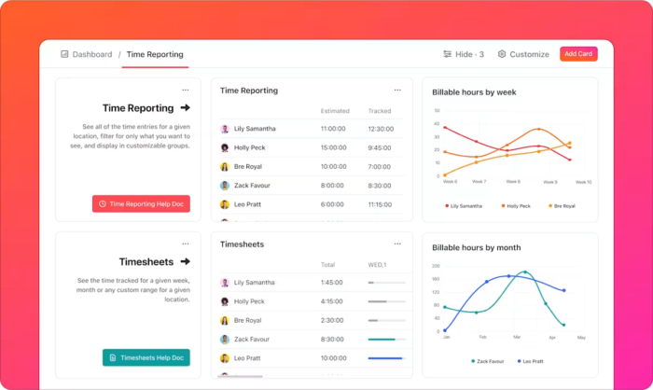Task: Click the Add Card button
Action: pos(578,54)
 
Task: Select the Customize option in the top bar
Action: pos(523,54)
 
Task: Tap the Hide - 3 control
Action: pos(464,54)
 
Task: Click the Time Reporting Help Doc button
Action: pos(142,203)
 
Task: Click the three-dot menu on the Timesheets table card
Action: pos(397,244)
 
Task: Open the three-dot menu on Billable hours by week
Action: pos(584,91)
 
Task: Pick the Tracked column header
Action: pos(379,111)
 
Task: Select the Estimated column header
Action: pos(335,111)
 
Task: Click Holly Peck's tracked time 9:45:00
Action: pos(380,147)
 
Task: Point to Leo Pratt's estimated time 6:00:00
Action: pos(332,204)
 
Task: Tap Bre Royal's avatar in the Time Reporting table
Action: pos(225,167)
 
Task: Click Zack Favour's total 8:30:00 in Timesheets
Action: pos(332,340)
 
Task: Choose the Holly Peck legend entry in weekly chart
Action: pos(516,205)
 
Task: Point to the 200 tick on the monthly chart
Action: pos(436,265)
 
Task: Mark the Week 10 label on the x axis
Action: pos(583,182)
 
